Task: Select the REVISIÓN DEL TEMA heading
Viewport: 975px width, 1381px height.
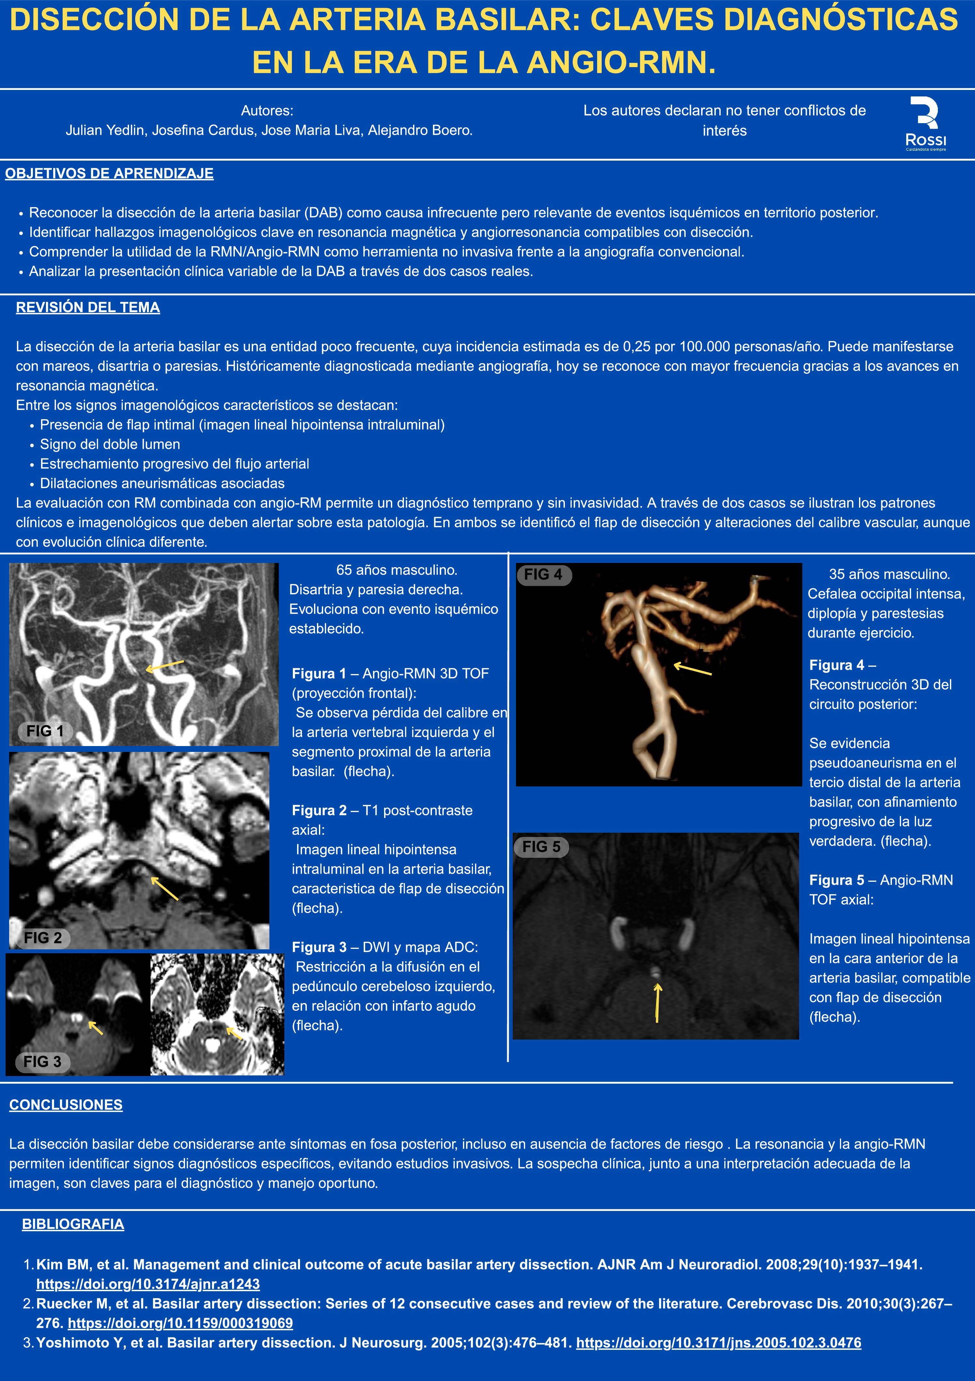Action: point(88,307)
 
